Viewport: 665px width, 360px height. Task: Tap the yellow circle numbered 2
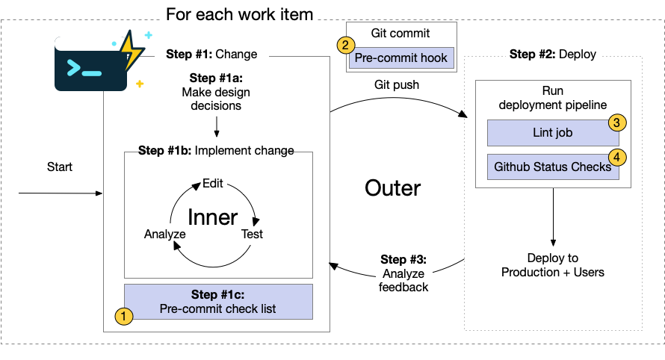point(344,45)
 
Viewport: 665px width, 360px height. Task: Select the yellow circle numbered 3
point(616,122)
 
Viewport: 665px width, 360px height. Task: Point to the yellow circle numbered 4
point(616,157)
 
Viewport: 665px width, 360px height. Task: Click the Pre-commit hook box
point(401,58)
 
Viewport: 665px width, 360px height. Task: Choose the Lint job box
point(553,134)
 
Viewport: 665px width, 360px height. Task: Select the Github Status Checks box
point(553,167)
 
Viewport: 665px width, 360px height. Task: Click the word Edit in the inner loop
point(213,184)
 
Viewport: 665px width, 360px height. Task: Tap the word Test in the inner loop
point(252,234)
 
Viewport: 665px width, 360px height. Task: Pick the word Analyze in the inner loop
point(164,234)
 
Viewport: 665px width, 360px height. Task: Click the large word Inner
point(212,217)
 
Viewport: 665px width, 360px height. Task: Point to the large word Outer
point(393,188)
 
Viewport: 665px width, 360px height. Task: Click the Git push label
point(397,85)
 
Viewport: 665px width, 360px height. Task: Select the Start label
point(60,167)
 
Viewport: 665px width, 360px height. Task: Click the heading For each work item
point(239,14)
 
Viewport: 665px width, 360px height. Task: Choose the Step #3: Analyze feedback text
point(403,273)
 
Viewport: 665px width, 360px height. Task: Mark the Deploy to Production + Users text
point(553,265)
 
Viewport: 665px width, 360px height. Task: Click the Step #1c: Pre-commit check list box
point(217,302)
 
